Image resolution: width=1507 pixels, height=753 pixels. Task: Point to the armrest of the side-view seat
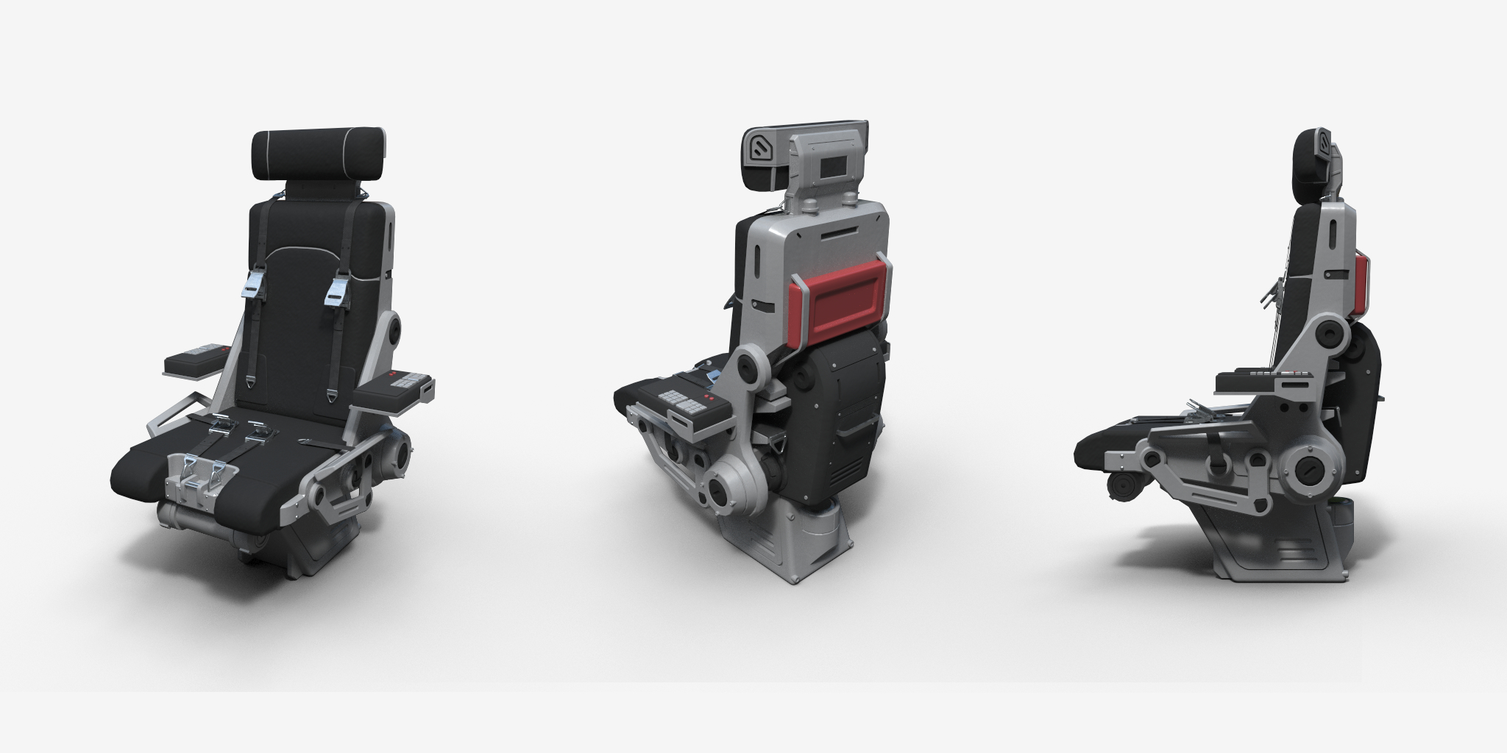pos(1259,382)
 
